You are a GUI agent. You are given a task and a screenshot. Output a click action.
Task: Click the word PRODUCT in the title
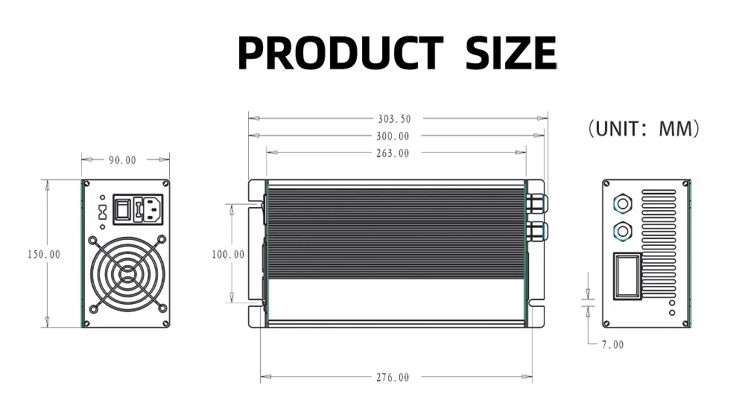pyautogui.click(x=340, y=52)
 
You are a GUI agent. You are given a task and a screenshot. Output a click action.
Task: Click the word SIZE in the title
pyautogui.click(x=511, y=52)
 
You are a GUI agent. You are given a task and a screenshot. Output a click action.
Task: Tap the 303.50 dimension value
pyautogui.click(x=394, y=118)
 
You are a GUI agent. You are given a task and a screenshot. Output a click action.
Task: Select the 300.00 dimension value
pyautogui.click(x=393, y=136)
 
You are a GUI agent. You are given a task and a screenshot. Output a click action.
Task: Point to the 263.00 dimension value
pyautogui.click(x=393, y=153)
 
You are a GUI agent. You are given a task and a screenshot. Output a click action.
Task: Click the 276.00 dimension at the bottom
pyautogui.click(x=393, y=378)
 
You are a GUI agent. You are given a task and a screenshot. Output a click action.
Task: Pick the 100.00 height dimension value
pyautogui.click(x=228, y=255)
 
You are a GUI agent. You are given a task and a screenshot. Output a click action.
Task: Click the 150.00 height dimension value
pyautogui.click(x=44, y=255)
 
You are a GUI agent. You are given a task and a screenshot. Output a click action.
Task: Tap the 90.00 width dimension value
pyautogui.click(x=123, y=161)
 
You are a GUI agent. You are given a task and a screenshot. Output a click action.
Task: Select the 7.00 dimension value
pyautogui.click(x=613, y=345)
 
